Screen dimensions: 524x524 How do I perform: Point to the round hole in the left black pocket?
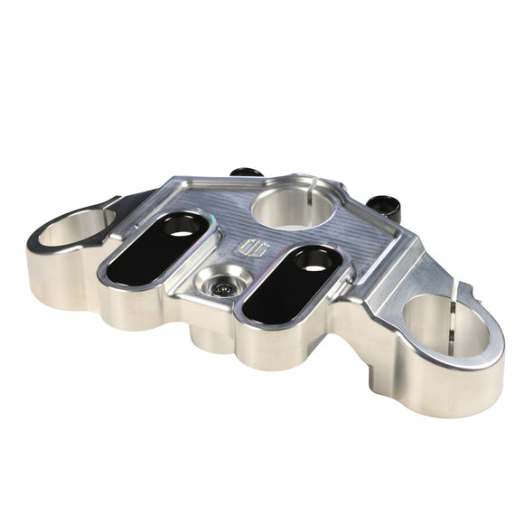(180, 233)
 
